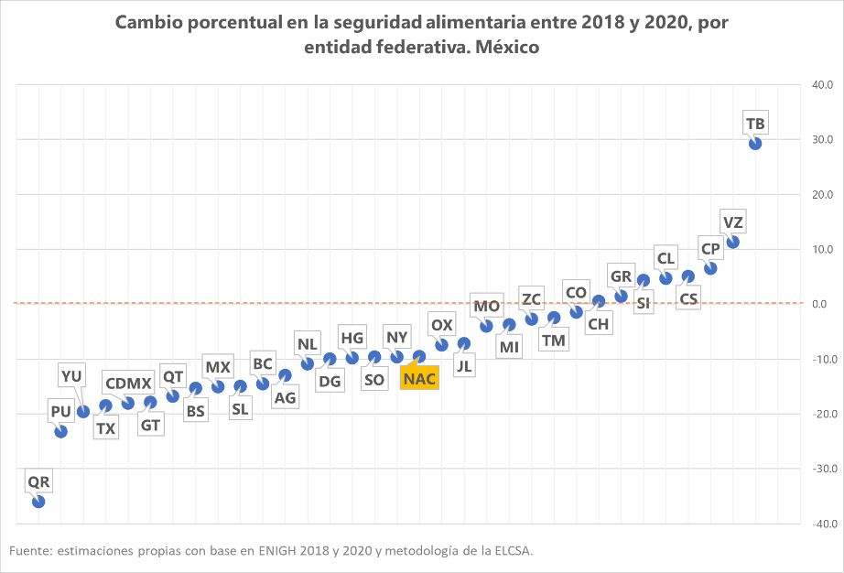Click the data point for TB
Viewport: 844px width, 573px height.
pyautogui.click(x=755, y=143)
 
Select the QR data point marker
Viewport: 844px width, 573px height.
pyautogui.click(x=38, y=502)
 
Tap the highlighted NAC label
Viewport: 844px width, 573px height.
pyautogui.click(x=419, y=377)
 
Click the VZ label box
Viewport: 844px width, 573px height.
pyautogui.click(x=733, y=222)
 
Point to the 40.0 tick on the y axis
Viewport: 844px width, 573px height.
pyautogui.click(x=820, y=85)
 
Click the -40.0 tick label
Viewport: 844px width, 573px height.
pyautogui.click(x=818, y=524)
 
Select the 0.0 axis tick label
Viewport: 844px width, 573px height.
pyautogui.click(x=823, y=304)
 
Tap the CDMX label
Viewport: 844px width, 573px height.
pyautogui.click(x=128, y=383)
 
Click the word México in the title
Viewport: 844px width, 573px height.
pyautogui.click(x=503, y=47)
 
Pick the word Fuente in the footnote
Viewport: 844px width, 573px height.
pyautogui.click(x=29, y=550)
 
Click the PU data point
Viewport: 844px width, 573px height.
pyautogui.click(x=61, y=431)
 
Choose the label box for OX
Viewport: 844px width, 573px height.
pyautogui.click(x=442, y=325)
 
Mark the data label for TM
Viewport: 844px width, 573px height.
pyautogui.click(x=554, y=341)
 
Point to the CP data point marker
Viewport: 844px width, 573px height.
pyautogui.click(x=710, y=268)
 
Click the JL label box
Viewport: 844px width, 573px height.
pyautogui.click(x=464, y=365)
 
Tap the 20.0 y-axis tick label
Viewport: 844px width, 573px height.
pyautogui.click(x=820, y=195)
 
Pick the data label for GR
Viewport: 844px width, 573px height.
pyautogui.click(x=622, y=276)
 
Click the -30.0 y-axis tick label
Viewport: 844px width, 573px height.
pyautogui.click(x=818, y=469)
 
